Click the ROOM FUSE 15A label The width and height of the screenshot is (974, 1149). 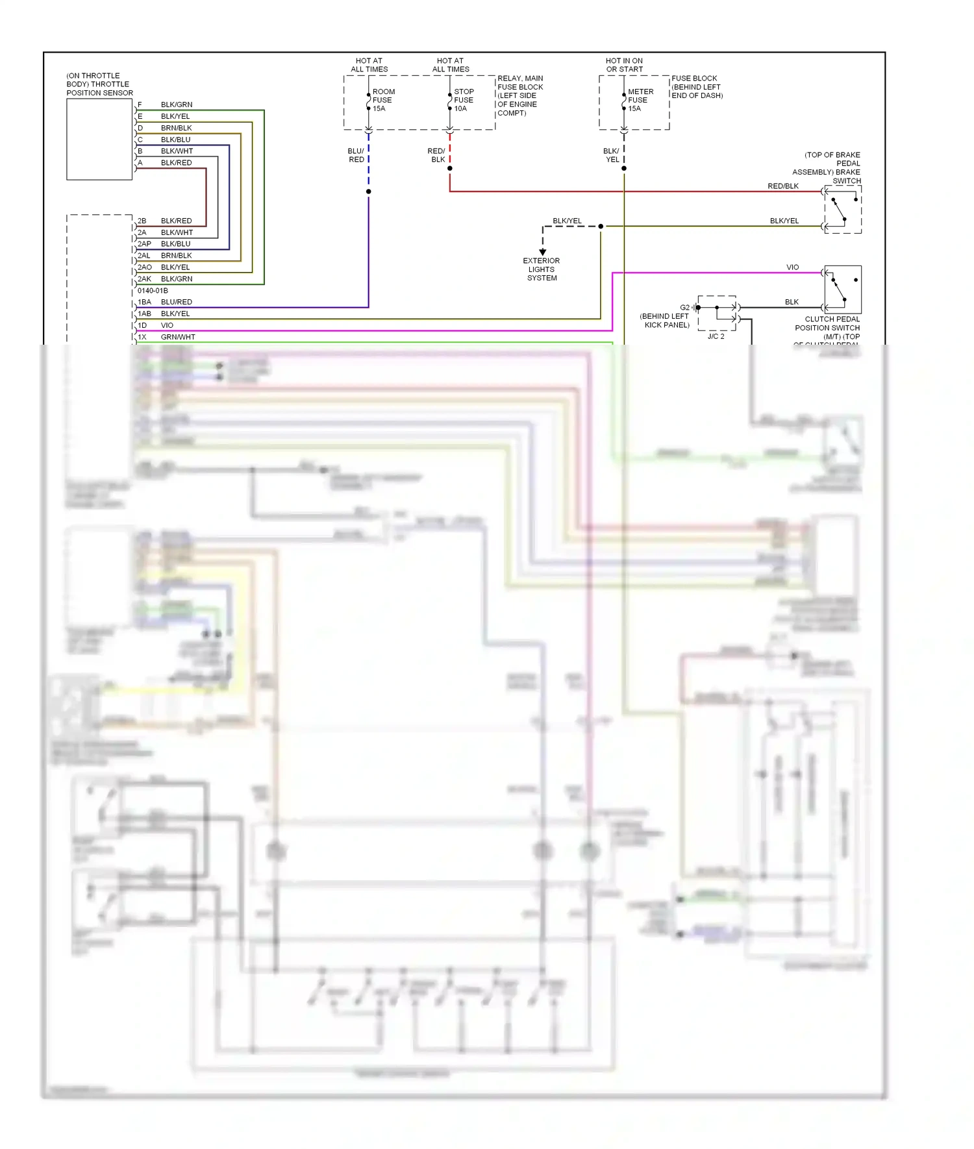click(383, 100)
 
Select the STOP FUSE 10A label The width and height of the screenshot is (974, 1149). click(464, 100)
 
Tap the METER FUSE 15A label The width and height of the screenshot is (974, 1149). click(640, 100)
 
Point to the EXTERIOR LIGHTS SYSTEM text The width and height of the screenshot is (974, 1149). click(542, 269)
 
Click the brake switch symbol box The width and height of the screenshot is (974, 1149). click(843, 209)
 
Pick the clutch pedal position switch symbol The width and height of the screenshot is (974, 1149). click(843, 290)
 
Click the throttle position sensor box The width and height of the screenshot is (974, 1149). click(99, 139)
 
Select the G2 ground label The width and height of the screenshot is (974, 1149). click(684, 307)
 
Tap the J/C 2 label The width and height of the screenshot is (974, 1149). click(716, 336)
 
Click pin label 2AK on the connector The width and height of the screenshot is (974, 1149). click(144, 278)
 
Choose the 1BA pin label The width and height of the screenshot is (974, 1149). click(144, 302)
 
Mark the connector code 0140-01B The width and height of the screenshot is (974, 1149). click(153, 290)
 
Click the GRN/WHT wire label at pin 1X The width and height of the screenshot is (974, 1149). click(178, 337)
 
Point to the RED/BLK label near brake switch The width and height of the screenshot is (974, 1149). click(782, 186)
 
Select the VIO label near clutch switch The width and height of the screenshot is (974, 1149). click(792, 267)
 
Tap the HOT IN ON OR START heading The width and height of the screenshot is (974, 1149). click(624, 65)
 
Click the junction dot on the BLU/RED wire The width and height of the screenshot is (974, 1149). click(368, 191)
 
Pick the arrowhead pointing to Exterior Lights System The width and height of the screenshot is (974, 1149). click(542, 252)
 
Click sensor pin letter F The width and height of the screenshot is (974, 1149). click(140, 105)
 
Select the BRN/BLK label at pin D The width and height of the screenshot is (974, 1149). click(176, 128)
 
